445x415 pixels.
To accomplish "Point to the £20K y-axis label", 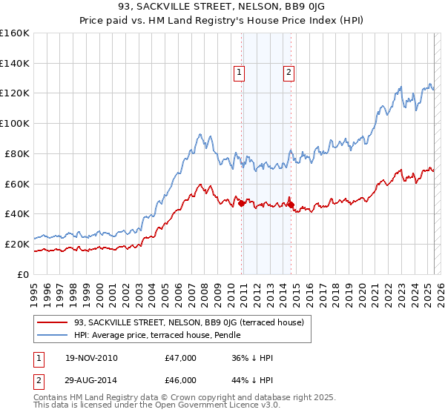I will (17, 244).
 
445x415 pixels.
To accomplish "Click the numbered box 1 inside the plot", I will (240, 73).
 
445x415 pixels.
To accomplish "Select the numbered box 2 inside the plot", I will (289, 73).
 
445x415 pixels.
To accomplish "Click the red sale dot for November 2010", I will (242, 203).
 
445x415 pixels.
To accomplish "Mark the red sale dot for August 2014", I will (291, 205).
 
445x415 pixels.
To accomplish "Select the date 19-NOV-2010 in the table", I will (90, 359).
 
